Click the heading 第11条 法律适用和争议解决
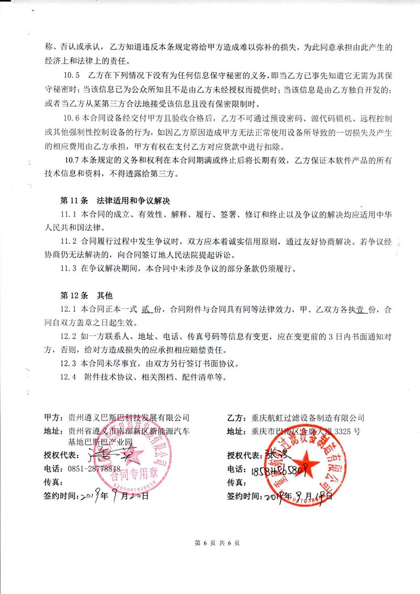(x=115, y=201)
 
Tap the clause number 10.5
(x=70, y=74)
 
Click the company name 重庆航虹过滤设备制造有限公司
(x=308, y=418)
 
